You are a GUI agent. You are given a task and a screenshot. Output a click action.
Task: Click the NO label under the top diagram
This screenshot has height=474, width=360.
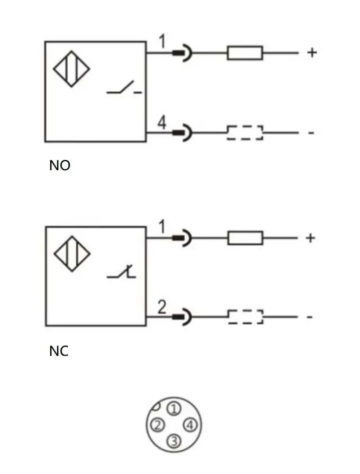(x=59, y=166)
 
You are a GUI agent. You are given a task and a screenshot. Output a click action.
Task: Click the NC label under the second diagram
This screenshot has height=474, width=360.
(x=59, y=351)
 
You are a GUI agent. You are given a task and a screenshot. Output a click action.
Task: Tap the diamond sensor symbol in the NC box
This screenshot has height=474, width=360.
(x=72, y=255)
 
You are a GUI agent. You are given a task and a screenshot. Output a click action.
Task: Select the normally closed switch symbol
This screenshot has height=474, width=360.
(x=122, y=272)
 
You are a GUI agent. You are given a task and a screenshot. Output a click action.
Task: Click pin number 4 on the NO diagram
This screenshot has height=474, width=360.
(x=162, y=124)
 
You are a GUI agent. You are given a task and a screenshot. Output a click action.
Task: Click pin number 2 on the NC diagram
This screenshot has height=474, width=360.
(x=162, y=308)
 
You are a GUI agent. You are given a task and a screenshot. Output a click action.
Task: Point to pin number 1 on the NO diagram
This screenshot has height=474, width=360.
(x=162, y=43)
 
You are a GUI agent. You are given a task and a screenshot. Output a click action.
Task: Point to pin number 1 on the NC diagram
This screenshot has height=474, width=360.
(x=162, y=228)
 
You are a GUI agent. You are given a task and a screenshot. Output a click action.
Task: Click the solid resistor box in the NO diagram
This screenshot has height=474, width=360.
(x=245, y=53)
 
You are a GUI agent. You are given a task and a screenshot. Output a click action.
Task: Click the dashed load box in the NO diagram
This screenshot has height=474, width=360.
(x=245, y=133)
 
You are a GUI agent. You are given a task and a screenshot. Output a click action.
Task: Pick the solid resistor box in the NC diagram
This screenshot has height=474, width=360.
(x=245, y=237)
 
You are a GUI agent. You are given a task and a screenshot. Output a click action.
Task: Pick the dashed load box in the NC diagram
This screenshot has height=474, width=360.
(x=245, y=317)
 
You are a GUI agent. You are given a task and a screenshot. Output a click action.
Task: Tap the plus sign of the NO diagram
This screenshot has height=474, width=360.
(x=311, y=52)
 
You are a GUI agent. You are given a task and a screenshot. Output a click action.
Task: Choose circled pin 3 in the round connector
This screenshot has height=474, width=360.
(x=174, y=441)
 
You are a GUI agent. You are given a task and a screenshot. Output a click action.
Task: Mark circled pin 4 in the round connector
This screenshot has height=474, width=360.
(x=190, y=425)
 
